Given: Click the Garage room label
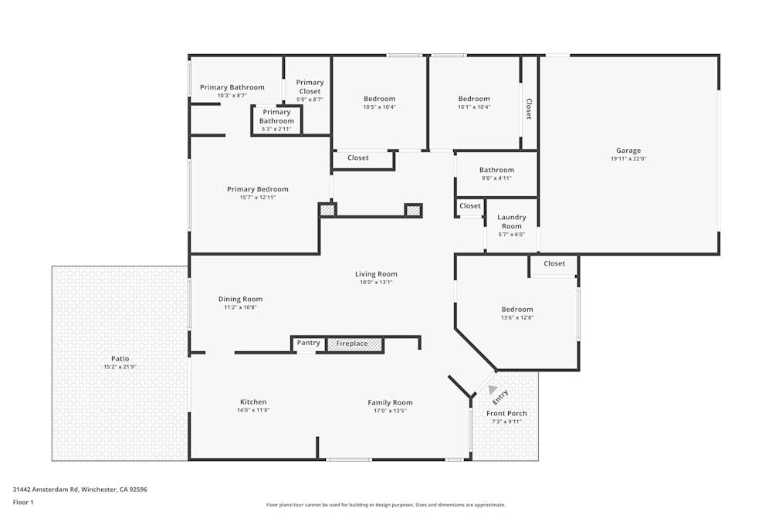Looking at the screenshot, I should click(x=628, y=151).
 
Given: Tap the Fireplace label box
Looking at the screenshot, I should click(x=354, y=344).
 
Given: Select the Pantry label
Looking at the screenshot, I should click(x=308, y=343).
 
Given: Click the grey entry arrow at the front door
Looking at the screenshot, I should click(x=493, y=390).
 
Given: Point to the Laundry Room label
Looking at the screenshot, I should click(x=511, y=222).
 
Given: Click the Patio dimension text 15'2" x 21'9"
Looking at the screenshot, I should click(x=120, y=367).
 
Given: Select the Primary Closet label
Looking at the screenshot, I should click(x=310, y=86).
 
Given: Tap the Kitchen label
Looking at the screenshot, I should click(x=253, y=401).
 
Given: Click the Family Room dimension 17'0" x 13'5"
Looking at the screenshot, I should click(x=390, y=411).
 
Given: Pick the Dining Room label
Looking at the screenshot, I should click(x=240, y=299).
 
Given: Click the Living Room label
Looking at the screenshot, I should click(x=376, y=274).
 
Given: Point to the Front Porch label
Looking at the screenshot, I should click(x=506, y=413).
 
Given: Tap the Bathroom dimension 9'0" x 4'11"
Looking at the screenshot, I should click(x=496, y=178).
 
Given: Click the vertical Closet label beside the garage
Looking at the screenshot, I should click(x=529, y=108).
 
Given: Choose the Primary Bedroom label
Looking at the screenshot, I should click(x=257, y=189).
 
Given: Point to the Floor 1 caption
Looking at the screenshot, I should click(x=23, y=502).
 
